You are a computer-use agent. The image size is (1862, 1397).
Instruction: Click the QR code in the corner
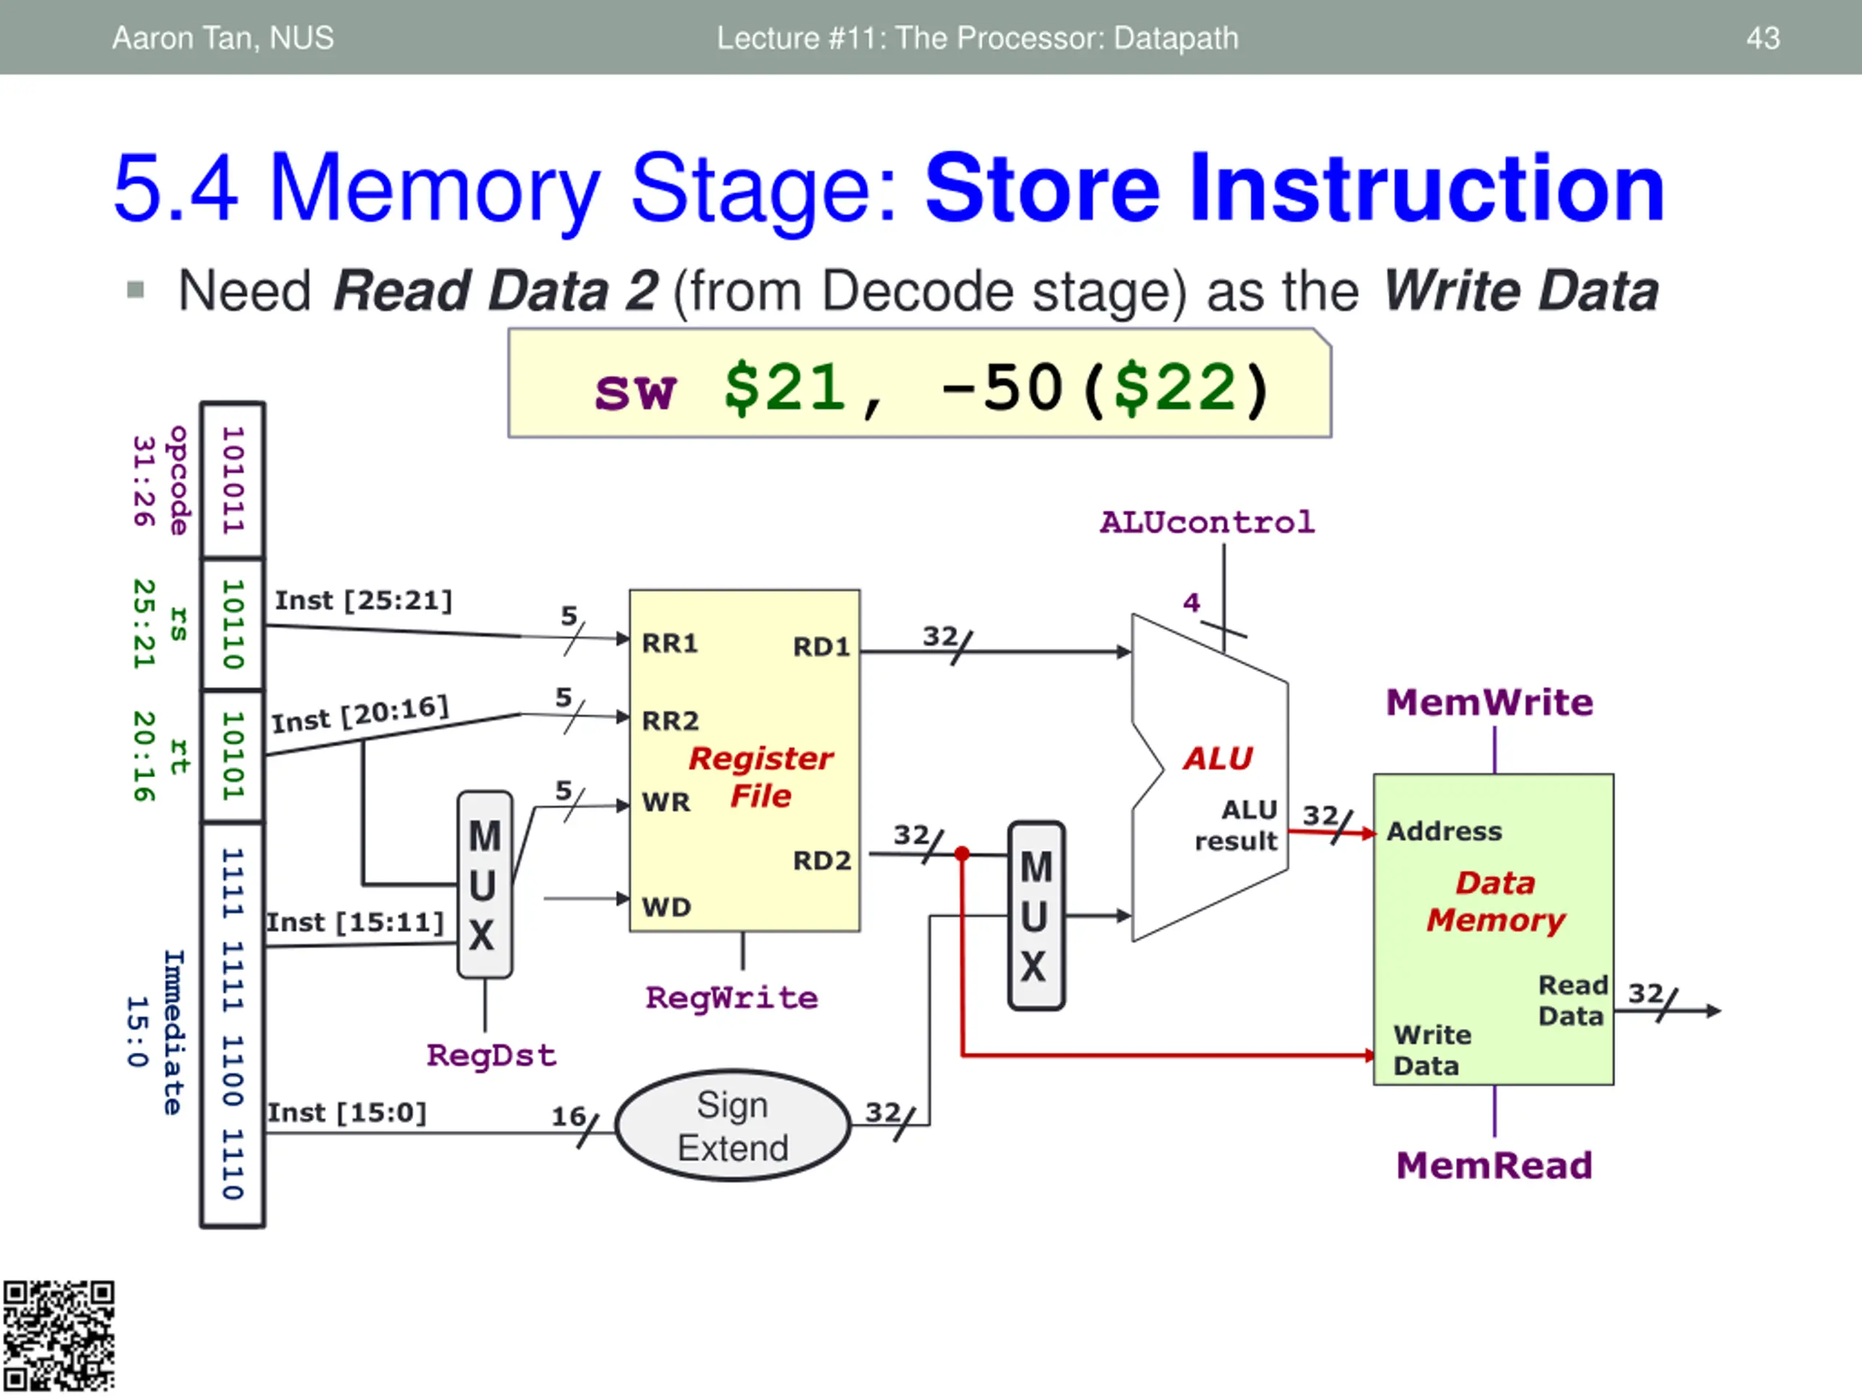[58, 1337]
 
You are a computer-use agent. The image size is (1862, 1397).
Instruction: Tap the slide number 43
[1762, 38]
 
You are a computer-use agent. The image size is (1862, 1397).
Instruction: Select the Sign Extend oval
[732, 1126]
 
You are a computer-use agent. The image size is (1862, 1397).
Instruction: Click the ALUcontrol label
[1206, 522]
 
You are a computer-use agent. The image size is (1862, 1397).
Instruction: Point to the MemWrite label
[1489, 702]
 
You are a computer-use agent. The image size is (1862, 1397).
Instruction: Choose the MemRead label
[1494, 1166]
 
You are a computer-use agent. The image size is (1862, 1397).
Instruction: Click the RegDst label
[492, 1055]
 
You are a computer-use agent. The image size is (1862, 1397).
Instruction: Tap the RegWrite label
[732, 998]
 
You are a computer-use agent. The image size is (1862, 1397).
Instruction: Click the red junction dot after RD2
[962, 854]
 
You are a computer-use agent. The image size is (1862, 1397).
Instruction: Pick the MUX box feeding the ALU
[1036, 915]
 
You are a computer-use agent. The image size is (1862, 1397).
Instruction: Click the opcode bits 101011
[232, 480]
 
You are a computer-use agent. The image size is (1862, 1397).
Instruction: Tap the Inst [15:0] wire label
[347, 1113]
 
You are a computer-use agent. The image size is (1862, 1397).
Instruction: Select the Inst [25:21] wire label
[364, 600]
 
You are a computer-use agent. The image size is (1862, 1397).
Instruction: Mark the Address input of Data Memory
[1444, 831]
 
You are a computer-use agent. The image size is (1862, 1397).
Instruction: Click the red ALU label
[1217, 759]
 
